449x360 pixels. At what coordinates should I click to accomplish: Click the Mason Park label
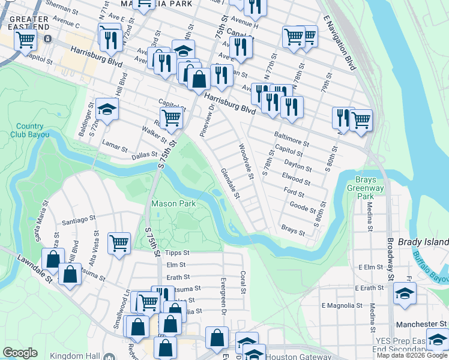[x=173, y=204]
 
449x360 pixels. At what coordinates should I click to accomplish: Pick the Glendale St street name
[x=231, y=184]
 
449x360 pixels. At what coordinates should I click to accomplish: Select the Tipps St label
[x=177, y=253]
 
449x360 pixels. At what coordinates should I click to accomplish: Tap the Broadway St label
[x=390, y=258]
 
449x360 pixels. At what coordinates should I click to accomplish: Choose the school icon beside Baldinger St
[x=107, y=110]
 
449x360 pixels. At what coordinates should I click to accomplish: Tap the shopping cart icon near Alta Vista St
[x=119, y=243]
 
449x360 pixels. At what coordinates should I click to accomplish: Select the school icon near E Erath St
[x=405, y=294]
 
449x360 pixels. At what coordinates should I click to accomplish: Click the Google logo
[x=20, y=352]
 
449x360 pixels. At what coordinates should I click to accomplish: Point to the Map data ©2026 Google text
[x=412, y=356]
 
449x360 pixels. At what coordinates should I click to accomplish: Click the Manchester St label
[x=422, y=324]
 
